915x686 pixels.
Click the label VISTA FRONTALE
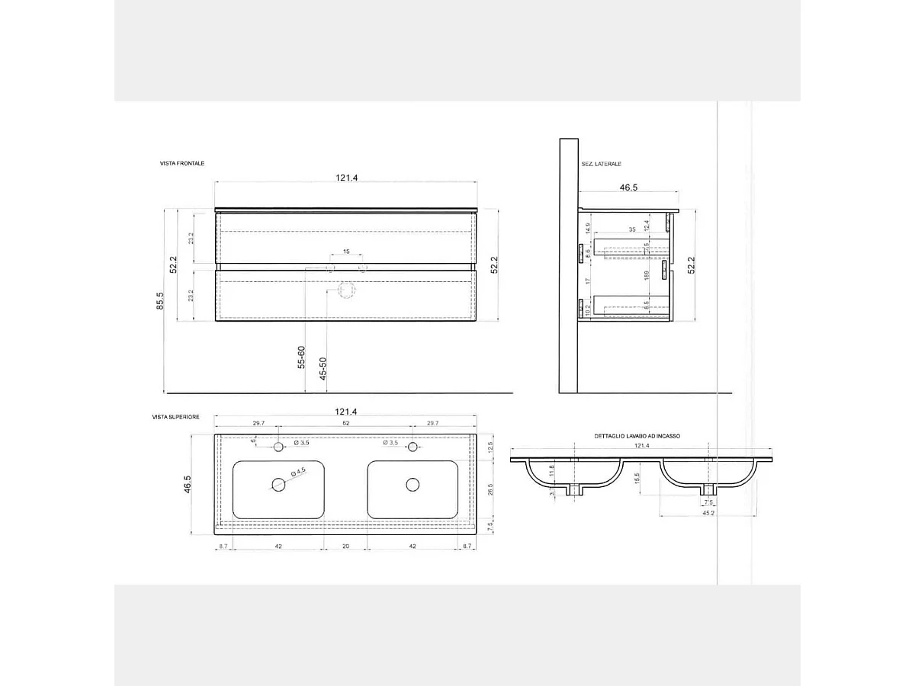pos(182,164)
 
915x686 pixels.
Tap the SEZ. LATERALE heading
pos(601,164)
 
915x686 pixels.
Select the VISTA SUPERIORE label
pos(176,417)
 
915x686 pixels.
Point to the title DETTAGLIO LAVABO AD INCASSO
pos(637,436)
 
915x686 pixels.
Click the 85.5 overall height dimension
pos(159,302)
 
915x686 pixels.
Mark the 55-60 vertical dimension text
pos(302,357)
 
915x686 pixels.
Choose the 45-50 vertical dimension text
pos(323,368)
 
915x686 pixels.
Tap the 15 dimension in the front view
pos(345,252)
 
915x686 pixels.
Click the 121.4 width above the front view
pos(345,178)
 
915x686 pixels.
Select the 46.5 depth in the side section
pos(628,187)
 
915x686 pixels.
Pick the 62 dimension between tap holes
pos(345,423)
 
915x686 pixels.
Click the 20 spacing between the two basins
pos(345,546)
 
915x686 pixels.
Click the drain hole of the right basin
pos(413,484)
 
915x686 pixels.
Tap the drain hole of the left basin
pos(278,484)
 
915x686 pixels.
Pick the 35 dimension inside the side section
pos(632,229)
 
